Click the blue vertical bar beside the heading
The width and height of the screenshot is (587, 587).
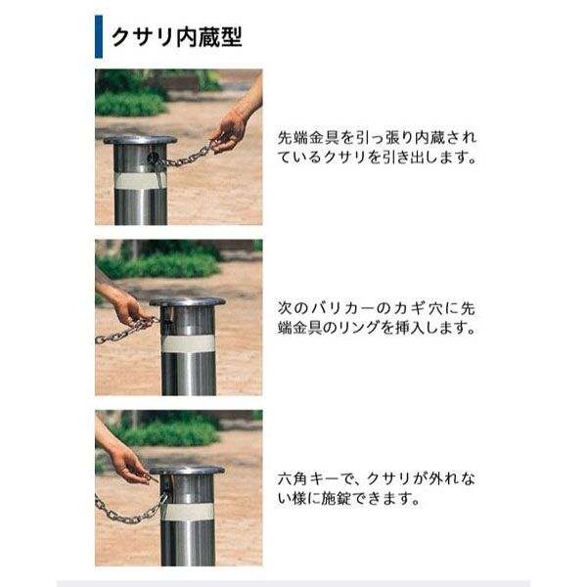pyautogui.click(x=99, y=37)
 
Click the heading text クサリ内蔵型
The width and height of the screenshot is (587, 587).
pyautogui.click(x=177, y=37)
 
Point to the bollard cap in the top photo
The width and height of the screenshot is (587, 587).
pyautogui.click(x=140, y=140)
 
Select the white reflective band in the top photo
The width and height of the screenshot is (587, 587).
pyautogui.click(x=140, y=180)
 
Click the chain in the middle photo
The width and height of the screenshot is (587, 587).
pyautogui.click(x=127, y=331)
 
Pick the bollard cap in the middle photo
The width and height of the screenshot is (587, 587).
pyautogui.click(x=187, y=301)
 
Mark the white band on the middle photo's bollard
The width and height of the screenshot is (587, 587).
pyautogui.click(x=188, y=344)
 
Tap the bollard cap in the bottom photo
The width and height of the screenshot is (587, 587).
pyautogui.click(x=187, y=471)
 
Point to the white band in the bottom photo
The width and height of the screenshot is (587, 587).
pyautogui.click(x=188, y=512)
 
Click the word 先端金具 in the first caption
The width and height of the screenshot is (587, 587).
pyautogui.click(x=308, y=138)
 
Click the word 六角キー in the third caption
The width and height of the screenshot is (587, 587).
pyautogui.click(x=308, y=478)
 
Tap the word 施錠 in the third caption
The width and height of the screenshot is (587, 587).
pyautogui.click(x=337, y=498)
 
